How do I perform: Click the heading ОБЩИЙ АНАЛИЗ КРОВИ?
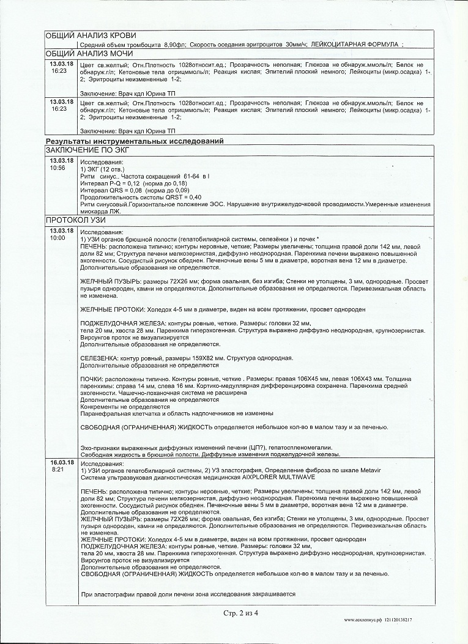91,35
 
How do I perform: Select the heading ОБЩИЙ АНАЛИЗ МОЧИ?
89,54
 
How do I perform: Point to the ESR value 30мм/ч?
297,45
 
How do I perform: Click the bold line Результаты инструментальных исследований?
135,141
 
